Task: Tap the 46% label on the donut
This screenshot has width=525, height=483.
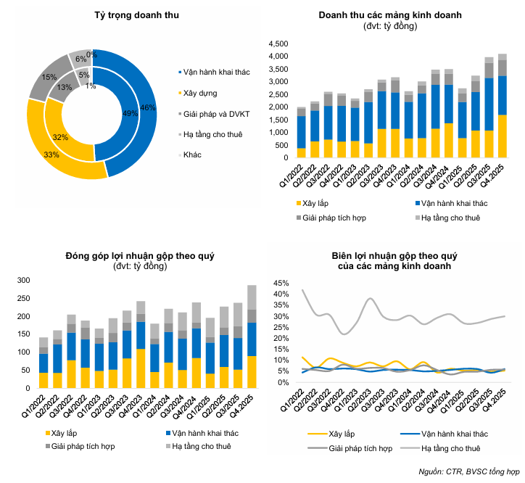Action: tap(148, 108)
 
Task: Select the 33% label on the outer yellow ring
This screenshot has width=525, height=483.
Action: tap(51, 154)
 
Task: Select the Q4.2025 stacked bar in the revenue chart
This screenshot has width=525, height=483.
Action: tap(503, 106)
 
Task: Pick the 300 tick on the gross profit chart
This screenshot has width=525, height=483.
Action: tap(23, 281)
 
